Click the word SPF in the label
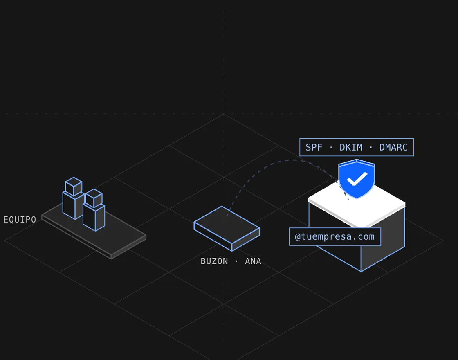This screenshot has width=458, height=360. [314, 147]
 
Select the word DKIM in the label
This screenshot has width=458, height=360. [351, 147]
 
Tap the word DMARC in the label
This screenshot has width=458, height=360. [393, 147]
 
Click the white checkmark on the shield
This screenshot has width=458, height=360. [357, 179]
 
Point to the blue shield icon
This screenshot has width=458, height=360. [357, 179]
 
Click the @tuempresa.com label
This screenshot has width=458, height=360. [335, 237]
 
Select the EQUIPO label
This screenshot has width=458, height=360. [20, 219]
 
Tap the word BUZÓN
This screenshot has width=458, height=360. [214, 261]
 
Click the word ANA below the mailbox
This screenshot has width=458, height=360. [253, 261]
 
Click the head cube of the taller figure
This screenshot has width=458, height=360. [73, 187]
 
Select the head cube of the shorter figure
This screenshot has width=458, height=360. [94, 198]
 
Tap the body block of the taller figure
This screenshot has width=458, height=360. [73, 206]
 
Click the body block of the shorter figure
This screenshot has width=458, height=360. [94, 218]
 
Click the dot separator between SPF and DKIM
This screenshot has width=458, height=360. [331, 147]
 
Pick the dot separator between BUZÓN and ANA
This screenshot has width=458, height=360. [236, 261]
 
